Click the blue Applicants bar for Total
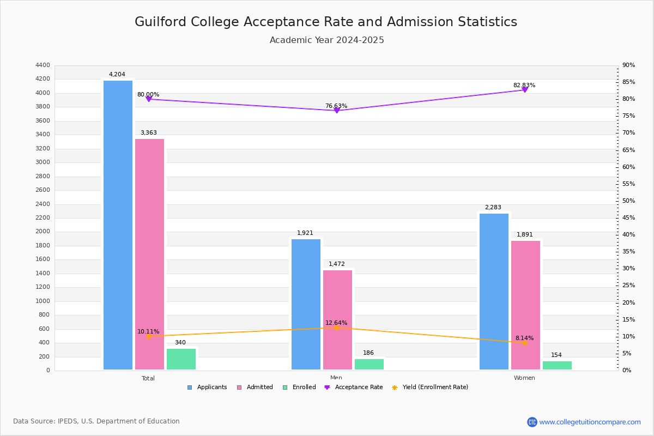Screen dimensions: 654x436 (118, 225)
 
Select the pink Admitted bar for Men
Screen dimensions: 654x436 (337, 320)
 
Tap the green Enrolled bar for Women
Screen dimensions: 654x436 (557, 366)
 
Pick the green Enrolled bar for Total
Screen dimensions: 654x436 (181, 359)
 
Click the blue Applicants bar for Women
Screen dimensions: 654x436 (494, 292)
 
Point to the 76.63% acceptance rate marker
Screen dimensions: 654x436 (337, 111)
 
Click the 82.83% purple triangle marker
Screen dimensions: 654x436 (525, 90)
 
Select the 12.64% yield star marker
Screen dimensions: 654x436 (337, 328)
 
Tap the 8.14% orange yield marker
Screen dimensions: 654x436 (525, 343)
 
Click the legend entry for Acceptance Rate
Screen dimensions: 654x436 (354, 387)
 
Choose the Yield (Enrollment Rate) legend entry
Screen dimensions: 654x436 (430, 387)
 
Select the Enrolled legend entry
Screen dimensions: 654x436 (300, 387)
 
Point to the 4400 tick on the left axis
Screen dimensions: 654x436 (43, 65)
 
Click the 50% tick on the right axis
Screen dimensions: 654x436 (628, 201)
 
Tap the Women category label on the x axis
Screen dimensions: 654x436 (524, 378)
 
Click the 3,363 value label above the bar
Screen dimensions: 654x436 (149, 133)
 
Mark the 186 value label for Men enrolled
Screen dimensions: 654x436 (368, 353)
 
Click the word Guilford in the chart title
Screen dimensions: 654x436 (160, 22)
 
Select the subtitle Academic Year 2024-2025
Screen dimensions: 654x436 (326, 40)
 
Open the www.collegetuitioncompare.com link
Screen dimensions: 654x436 (590, 422)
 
